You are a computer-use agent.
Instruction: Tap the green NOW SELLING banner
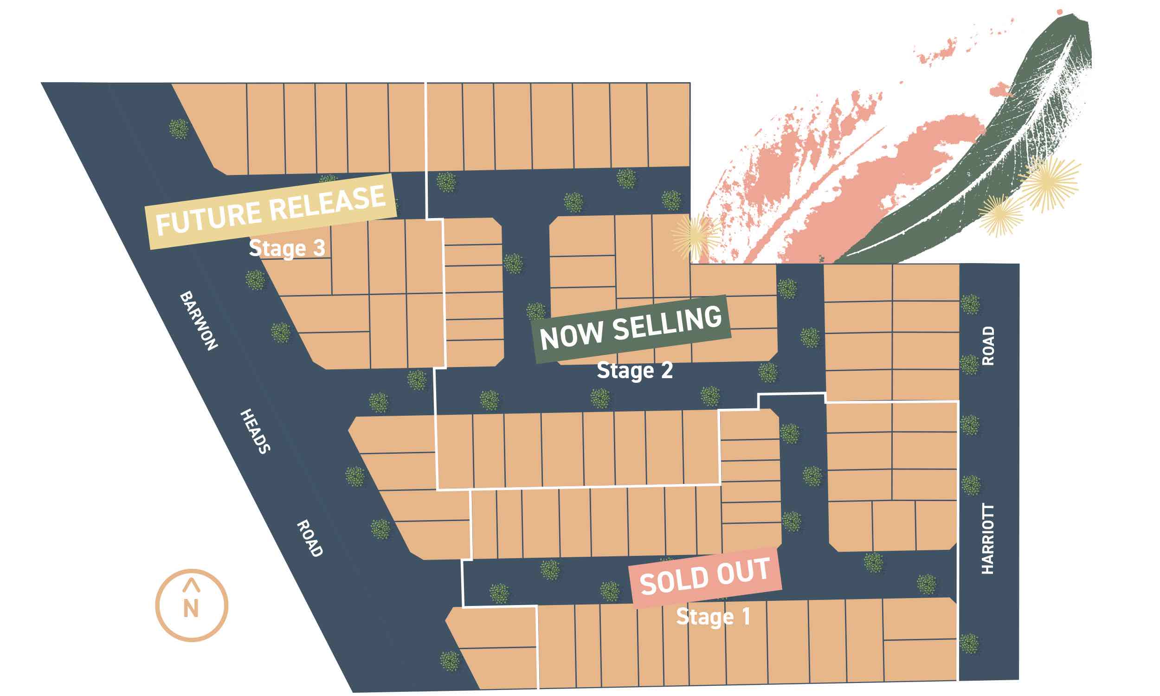pos(632,329)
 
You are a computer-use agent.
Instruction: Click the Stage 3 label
pos(286,248)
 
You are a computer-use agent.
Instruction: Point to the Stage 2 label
pos(634,371)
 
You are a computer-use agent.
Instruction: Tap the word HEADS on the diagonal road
pos(255,431)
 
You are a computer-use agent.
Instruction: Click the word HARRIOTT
pos(987,539)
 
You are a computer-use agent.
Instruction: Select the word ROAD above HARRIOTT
pos(988,346)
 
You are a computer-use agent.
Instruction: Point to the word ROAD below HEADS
pos(310,538)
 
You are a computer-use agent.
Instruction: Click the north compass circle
pos(191,606)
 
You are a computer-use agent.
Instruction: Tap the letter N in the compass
pos(191,609)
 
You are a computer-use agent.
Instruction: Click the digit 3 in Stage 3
pos(319,247)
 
